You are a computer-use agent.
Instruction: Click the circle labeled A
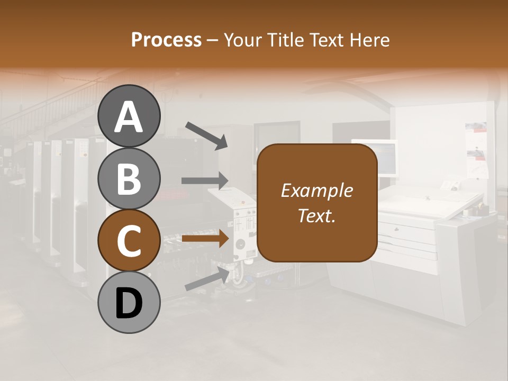tap(129, 116)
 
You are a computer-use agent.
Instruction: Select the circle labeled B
tap(129, 178)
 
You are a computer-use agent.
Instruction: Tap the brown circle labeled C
tap(129, 240)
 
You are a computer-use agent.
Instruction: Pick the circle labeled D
tap(129, 302)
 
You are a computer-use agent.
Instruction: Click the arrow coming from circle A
tap(206, 135)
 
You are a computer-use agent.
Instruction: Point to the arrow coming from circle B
tap(204, 180)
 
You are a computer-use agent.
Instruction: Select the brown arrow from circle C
tap(204, 239)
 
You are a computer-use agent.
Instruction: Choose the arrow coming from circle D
tap(207, 278)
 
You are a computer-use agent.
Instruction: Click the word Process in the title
tap(166, 40)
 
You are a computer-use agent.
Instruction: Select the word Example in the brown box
tap(316, 191)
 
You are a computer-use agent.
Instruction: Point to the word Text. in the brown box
tap(316, 215)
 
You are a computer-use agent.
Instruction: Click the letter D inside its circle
tap(129, 304)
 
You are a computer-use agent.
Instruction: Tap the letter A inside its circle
tap(129, 117)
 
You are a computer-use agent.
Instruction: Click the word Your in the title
tap(243, 40)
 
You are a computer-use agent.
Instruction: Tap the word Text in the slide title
tap(328, 40)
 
